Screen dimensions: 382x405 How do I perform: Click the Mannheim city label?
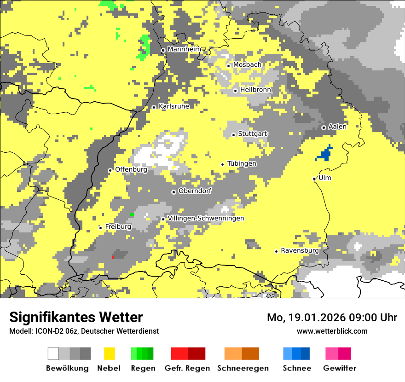[x=184, y=49]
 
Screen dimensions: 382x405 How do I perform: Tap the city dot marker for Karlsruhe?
[x=154, y=107]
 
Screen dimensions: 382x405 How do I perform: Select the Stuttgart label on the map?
[x=252, y=134]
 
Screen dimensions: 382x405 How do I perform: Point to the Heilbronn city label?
[x=255, y=90]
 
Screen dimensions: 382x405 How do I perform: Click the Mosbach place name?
[x=247, y=65]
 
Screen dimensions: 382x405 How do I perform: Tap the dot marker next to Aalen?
[x=324, y=127]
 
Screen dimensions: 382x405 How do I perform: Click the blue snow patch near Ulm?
[x=325, y=154]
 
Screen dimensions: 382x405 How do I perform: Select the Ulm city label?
[x=324, y=178]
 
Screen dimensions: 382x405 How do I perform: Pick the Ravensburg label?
[x=300, y=251]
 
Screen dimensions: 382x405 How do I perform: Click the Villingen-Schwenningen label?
[x=206, y=219]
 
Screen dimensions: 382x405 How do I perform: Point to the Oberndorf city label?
[x=195, y=191]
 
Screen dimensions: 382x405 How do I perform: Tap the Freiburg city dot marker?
[x=100, y=228]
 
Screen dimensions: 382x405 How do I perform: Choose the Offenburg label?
[x=131, y=170]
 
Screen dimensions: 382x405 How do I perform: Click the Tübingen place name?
[x=242, y=164]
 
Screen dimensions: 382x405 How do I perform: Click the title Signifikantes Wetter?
[x=76, y=317]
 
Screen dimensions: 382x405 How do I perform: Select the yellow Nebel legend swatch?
[x=110, y=353]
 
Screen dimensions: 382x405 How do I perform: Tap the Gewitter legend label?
[x=339, y=368]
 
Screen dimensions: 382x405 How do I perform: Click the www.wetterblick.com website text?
[x=332, y=331]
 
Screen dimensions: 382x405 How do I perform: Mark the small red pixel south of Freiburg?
[x=113, y=257]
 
